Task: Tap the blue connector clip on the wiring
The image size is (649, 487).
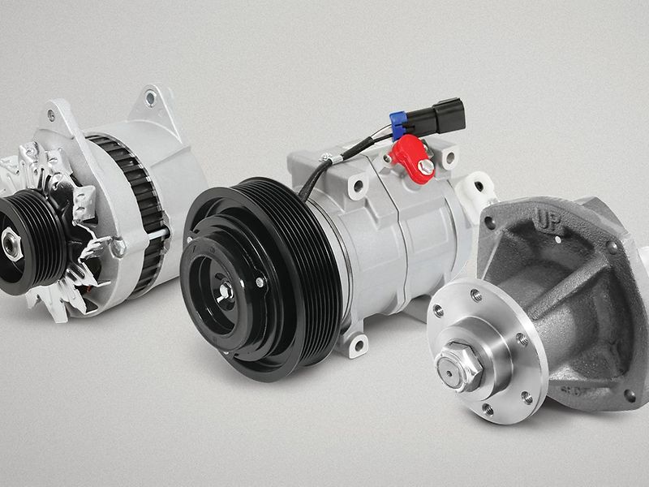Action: tap(398, 124)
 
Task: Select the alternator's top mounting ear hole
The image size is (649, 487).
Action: tap(149, 98)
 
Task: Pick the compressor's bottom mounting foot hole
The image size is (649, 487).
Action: tap(355, 348)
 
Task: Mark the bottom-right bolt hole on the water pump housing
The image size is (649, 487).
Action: tap(629, 395)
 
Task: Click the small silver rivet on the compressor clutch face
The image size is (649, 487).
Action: tap(258, 282)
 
